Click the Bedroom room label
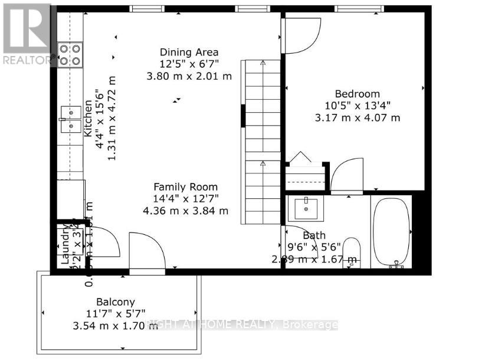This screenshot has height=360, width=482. click(358, 94)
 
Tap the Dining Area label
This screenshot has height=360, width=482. click(189, 52)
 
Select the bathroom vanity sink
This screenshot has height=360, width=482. click(306, 207)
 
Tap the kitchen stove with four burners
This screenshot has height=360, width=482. click(70, 54)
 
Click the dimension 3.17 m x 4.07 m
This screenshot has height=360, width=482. click(358, 117)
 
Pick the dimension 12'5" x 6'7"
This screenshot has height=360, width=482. click(189, 64)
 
